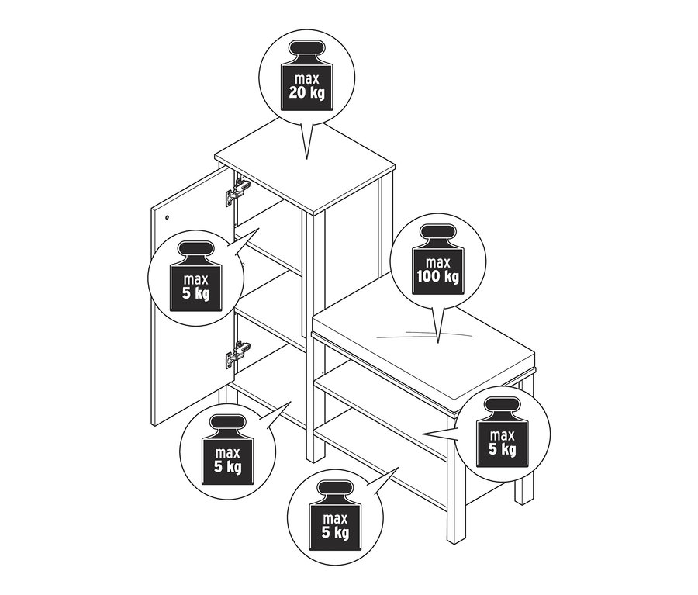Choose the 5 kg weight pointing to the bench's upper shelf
tap(503, 432)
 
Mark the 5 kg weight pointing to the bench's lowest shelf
tap(335, 516)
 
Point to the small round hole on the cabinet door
tap(168, 217)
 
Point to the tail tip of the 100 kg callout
tap(438, 343)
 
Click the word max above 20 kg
tap(306, 79)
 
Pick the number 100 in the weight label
tap(428, 277)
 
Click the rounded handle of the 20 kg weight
tap(306, 48)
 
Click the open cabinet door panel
tap(192, 296)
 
